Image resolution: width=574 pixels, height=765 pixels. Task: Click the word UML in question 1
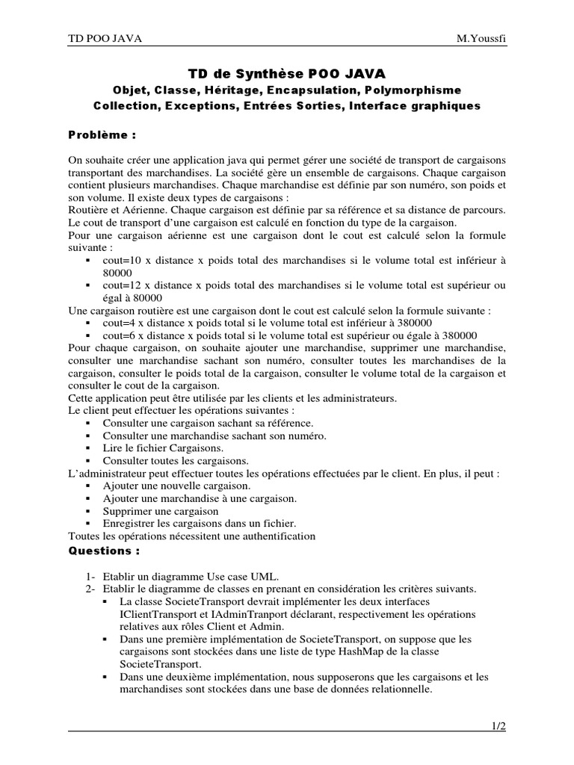(263, 576)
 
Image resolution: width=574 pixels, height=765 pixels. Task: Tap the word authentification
(275, 536)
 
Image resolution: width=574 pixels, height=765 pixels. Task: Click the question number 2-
(90, 589)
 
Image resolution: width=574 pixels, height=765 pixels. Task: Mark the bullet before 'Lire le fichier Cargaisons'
(89, 448)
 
